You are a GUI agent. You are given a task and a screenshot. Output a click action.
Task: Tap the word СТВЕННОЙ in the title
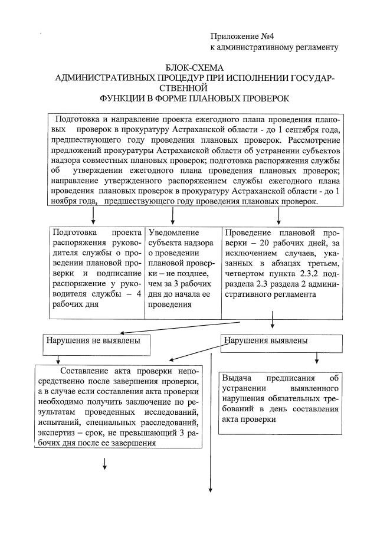[x=194, y=87]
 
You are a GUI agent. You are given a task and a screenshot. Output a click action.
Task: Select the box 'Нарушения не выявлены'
[x=94, y=340]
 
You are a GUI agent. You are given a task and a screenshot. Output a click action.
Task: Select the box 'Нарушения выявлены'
[x=266, y=340]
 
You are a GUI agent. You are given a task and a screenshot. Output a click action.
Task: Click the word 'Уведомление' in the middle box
[x=175, y=232]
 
